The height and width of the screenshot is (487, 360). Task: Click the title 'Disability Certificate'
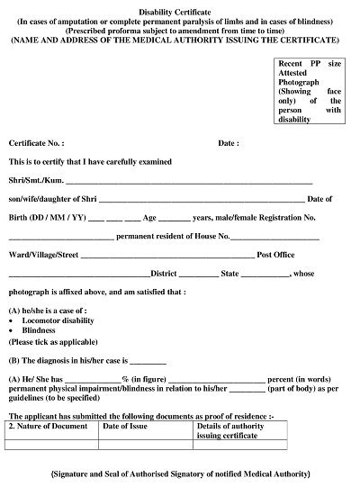[180, 8]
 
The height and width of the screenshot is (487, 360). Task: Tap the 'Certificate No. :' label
[36, 143]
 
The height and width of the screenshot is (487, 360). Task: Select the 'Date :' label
[229, 143]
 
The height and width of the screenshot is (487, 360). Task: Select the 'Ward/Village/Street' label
[43, 256]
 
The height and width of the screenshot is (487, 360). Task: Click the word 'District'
[164, 274]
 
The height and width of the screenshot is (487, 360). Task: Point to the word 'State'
[230, 274]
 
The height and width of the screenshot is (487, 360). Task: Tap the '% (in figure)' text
[142, 379]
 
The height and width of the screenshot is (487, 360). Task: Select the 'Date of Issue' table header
[125, 426]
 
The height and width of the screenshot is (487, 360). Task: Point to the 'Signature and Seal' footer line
[180, 473]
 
